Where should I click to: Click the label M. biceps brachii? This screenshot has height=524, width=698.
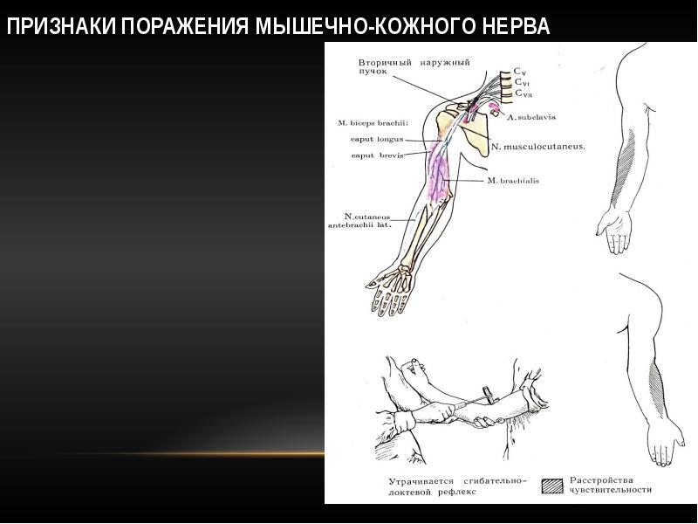pos(373,123)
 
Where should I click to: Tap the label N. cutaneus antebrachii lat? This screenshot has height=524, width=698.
pos(359,219)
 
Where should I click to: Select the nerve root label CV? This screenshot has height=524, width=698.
pos(518,71)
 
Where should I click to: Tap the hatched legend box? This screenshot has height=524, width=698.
pos(552,486)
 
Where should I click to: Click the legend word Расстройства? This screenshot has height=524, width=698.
pos(600,479)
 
